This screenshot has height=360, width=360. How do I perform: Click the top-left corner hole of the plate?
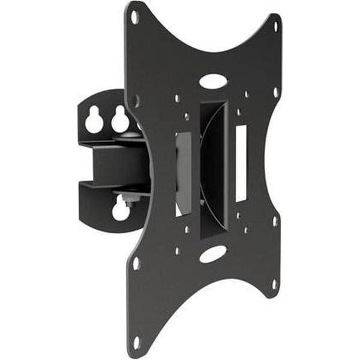pyautogui.click(x=134, y=17)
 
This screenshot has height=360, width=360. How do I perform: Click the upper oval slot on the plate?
pyautogui.click(x=214, y=80)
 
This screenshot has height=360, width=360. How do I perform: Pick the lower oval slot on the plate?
pyautogui.click(x=214, y=254)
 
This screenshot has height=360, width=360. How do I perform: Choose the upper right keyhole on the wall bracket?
pyautogui.click(x=120, y=120)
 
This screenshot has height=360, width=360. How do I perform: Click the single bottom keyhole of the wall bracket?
pyautogui.click(x=120, y=209)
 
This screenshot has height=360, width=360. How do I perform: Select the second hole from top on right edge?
pyautogui.click(x=275, y=92)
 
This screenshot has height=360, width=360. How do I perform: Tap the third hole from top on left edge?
pyautogui.click(x=136, y=263)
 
